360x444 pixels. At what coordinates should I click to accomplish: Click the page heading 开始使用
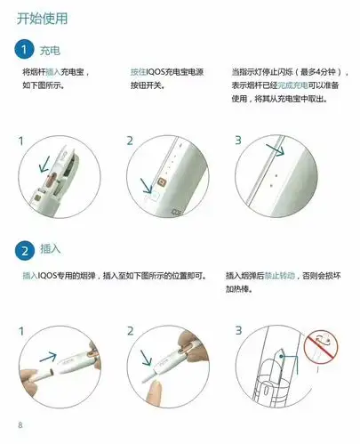coord(43,18)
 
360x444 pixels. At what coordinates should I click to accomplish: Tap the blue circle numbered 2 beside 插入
coord(27,249)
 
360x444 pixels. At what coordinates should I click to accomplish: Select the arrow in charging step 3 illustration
coord(276,150)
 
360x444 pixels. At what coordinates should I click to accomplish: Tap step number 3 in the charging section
coord(238,141)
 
